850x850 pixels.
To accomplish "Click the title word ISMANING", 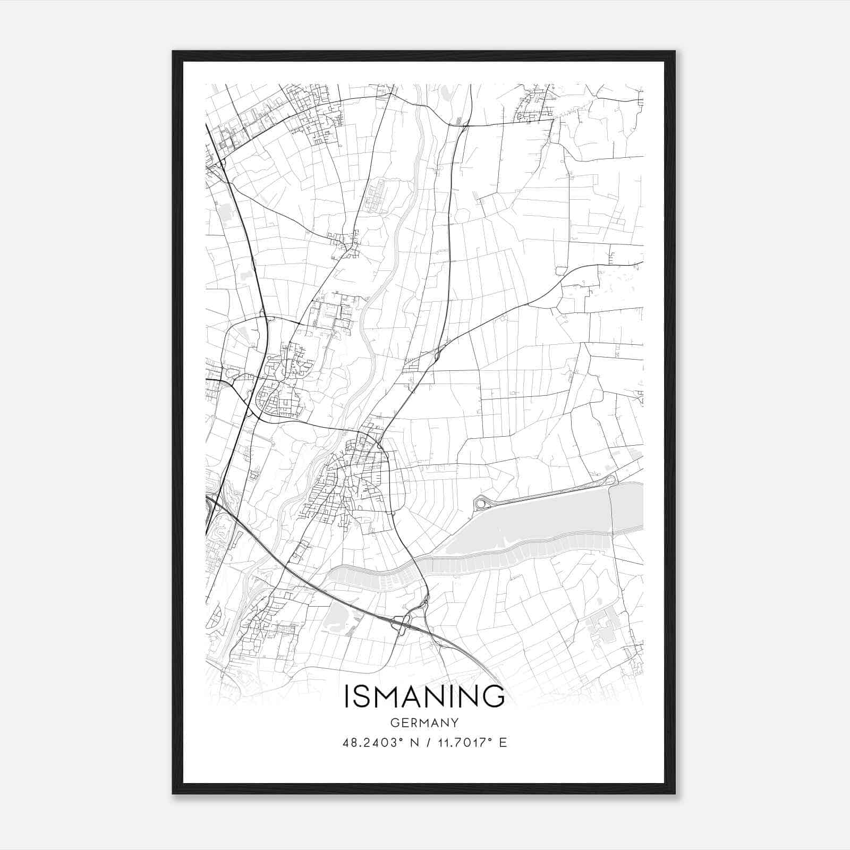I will (x=424, y=696).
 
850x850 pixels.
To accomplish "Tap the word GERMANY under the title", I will (x=424, y=723).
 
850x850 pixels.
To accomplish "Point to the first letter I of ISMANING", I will (x=347, y=696).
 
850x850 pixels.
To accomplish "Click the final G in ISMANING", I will (x=494, y=696).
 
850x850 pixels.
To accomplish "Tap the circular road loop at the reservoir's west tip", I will (x=481, y=502).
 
